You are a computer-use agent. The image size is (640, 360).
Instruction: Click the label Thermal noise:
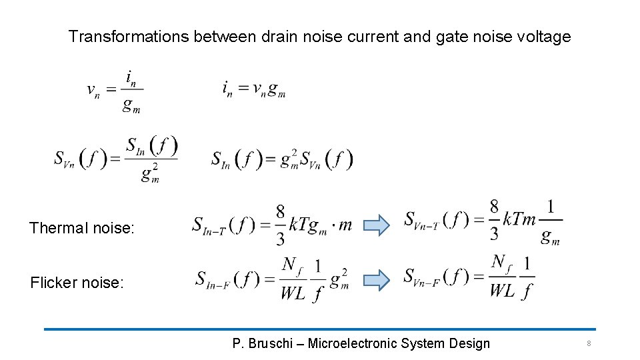click(81, 228)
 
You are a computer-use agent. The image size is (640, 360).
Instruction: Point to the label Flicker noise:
click(77, 283)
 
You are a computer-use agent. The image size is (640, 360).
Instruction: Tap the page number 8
click(589, 343)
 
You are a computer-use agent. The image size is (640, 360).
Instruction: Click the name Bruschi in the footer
click(272, 343)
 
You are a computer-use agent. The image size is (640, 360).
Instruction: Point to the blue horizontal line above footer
click(320, 329)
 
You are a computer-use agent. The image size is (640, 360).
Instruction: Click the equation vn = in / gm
click(115, 91)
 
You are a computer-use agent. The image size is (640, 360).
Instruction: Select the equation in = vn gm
click(254, 89)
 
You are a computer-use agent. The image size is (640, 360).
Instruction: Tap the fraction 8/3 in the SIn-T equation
click(281, 225)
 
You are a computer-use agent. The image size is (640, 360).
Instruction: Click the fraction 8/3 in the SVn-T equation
click(494, 219)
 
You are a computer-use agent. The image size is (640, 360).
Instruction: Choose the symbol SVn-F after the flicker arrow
click(421, 277)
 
